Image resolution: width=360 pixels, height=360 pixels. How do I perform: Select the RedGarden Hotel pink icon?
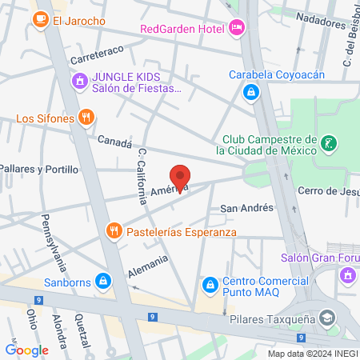pyautogui.click(x=235, y=28)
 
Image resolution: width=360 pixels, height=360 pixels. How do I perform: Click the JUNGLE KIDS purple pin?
pyautogui.click(x=79, y=81)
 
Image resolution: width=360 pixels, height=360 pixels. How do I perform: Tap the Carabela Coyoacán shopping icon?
pyautogui.click(x=251, y=93)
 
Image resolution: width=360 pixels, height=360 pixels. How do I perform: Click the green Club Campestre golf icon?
pyautogui.click(x=327, y=144)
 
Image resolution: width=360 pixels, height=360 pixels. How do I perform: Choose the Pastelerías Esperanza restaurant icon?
pyautogui.click(x=114, y=232)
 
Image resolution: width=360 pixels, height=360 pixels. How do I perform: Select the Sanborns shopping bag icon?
pyautogui.click(x=102, y=281)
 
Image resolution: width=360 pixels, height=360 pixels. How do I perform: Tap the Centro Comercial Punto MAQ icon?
pyautogui.click(x=210, y=284)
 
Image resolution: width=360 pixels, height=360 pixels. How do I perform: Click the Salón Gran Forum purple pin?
pyautogui.click(x=346, y=274)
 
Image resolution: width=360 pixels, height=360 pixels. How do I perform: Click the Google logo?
pyautogui.click(x=26, y=350)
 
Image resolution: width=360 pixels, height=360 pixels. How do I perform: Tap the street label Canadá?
pyautogui.click(x=114, y=142)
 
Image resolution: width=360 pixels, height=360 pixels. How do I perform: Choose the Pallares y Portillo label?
pyautogui.click(x=39, y=170)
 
